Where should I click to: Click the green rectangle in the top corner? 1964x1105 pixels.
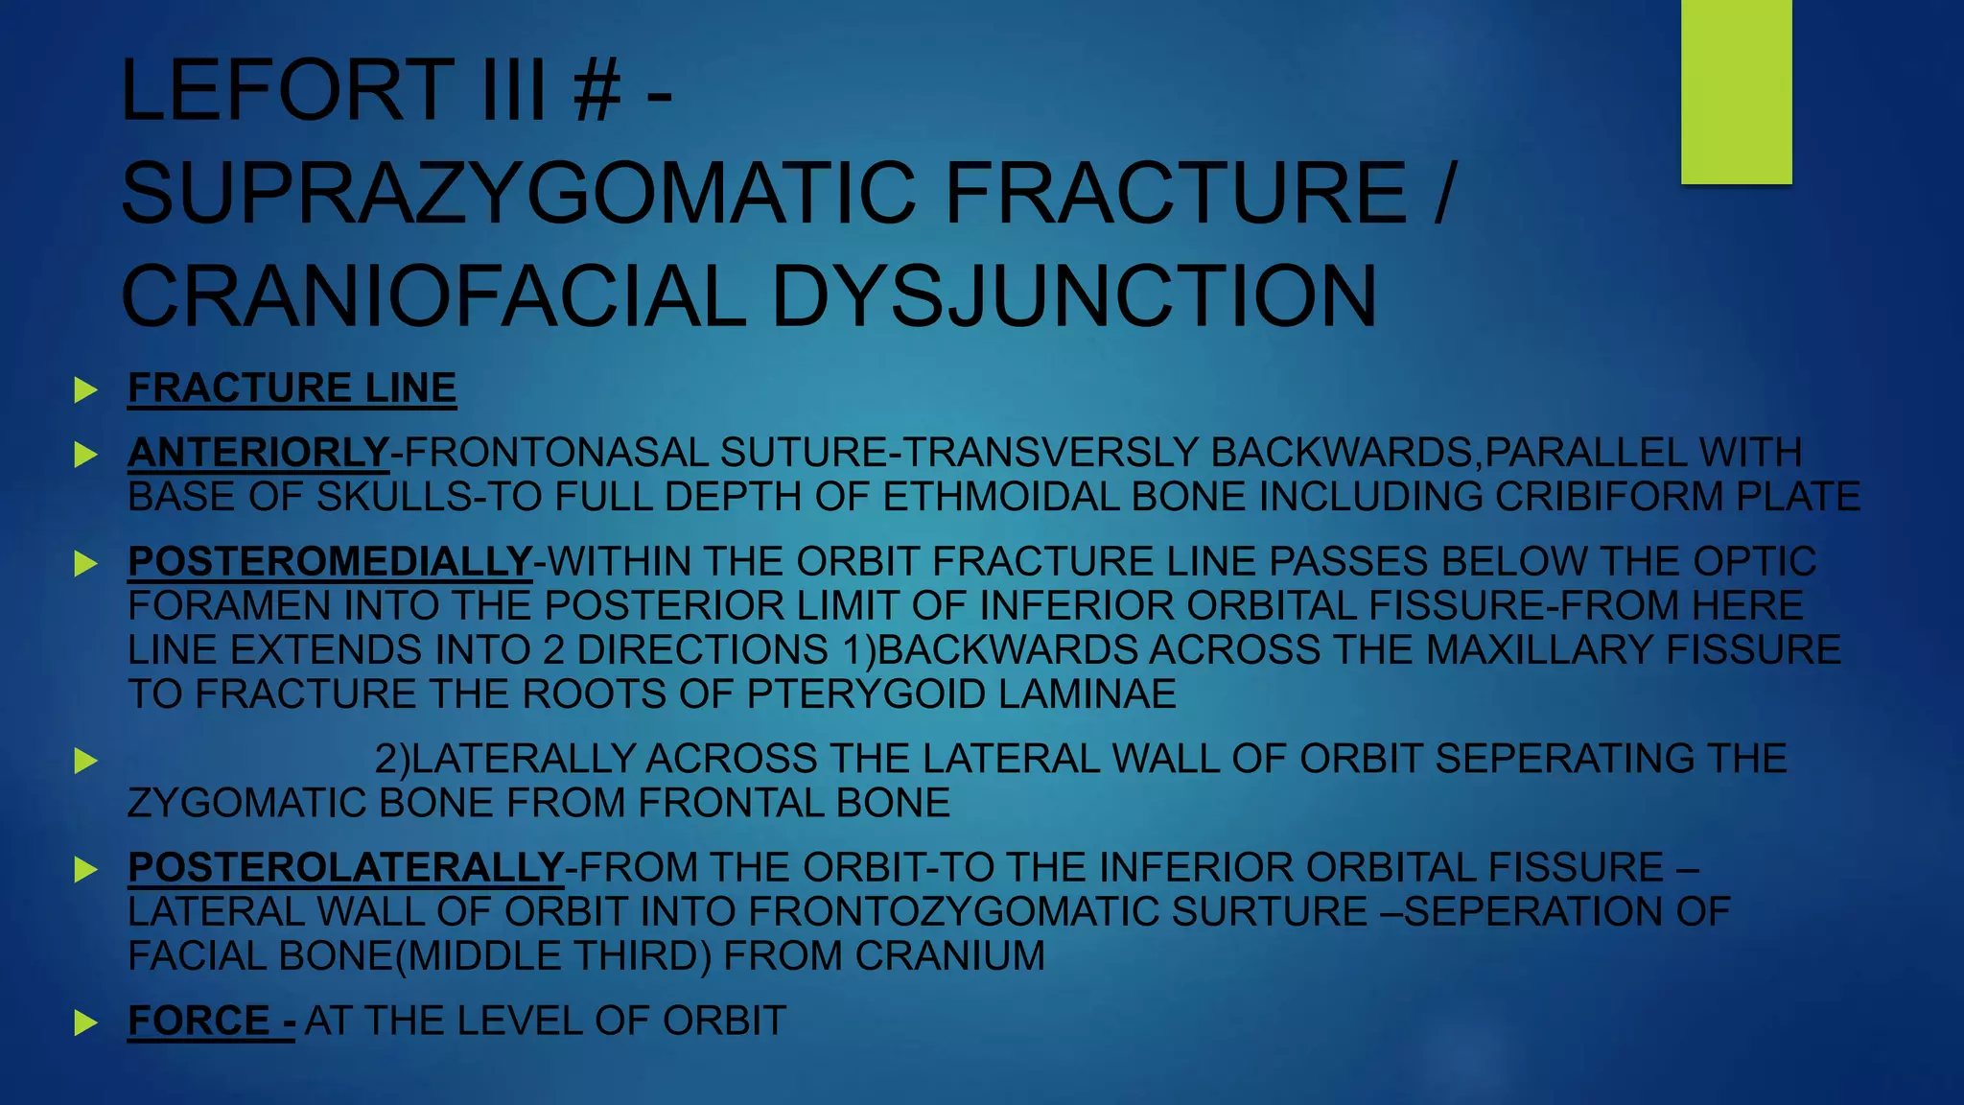coord(1736,91)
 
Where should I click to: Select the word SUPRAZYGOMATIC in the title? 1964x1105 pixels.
coord(522,194)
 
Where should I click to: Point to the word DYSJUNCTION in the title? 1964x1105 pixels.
coord(1074,296)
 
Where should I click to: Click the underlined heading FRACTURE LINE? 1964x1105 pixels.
coord(292,388)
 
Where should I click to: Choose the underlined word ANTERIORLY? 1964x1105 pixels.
coord(258,453)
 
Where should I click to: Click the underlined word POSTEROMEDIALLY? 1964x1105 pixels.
coord(330,562)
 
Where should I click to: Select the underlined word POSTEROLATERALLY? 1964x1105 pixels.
coord(345,868)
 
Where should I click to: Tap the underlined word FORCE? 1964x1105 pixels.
coord(199,1022)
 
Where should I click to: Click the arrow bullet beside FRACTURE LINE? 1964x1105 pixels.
coord(86,389)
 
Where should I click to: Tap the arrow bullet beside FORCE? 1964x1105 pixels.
coord(86,1023)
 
